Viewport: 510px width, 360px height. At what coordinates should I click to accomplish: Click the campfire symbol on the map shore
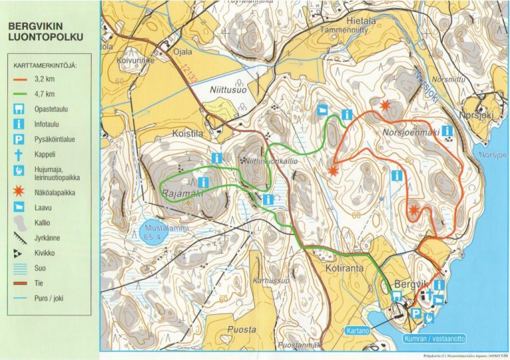click(430, 317)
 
